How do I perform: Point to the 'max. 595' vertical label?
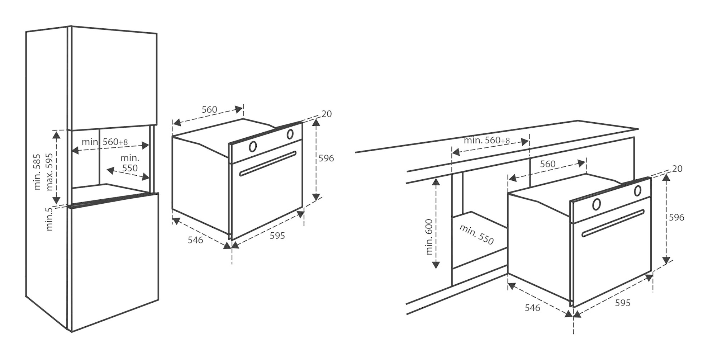tap(49, 172)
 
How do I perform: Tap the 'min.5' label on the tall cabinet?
tap(49, 219)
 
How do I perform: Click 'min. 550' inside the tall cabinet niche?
tap(130, 163)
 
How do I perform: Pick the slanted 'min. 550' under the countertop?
tap(476, 234)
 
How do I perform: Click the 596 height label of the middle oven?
tap(326, 158)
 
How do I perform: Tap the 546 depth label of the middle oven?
tap(195, 240)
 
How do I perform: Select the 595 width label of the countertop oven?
tap(623, 303)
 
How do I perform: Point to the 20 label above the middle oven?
tap(327, 114)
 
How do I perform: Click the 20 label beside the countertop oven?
tap(677, 169)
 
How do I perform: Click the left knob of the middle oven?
tap(253, 146)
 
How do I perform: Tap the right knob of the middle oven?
tap(290, 134)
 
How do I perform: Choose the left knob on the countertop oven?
tap(597, 204)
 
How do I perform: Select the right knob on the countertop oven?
tap(637, 191)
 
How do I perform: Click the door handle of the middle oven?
tap(268, 164)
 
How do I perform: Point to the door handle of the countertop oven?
tap(613, 223)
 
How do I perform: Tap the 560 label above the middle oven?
tap(209, 109)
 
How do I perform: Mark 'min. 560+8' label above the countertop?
tap(487, 140)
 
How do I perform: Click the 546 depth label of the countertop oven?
tap(532, 308)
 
